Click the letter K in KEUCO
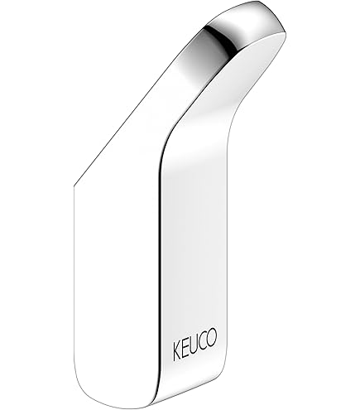177,350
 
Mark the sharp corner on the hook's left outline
74,186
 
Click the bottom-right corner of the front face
223,383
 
